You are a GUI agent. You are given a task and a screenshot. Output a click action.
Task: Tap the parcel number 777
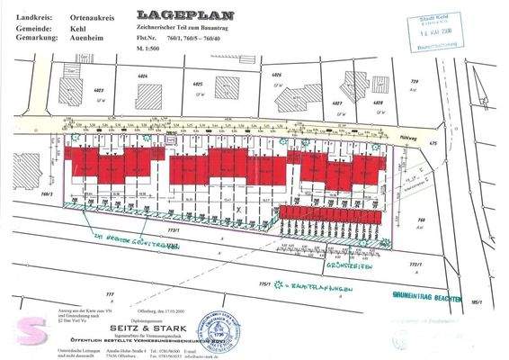pos(111,295)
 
